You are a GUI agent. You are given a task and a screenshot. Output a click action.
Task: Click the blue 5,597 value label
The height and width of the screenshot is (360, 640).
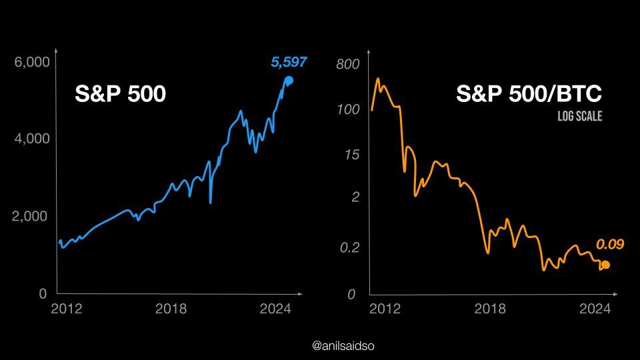[289, 63]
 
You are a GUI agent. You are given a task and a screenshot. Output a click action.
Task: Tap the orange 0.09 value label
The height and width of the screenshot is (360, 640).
[609, 245]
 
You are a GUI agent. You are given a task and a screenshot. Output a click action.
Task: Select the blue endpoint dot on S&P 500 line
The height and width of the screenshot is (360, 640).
[289, 81]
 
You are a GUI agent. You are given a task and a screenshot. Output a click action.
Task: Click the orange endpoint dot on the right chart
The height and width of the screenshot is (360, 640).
[605, 265]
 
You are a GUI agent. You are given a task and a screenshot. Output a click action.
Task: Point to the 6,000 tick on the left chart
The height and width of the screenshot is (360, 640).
[31, 62]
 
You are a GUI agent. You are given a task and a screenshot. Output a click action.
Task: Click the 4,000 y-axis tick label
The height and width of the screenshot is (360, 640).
[31, 139]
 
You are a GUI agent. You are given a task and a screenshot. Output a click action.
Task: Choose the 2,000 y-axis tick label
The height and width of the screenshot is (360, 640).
[31, 217]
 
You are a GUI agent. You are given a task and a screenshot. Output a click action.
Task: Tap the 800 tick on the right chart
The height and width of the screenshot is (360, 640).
[347, 65]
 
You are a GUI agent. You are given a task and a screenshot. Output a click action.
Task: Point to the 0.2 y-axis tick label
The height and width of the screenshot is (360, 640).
[347, 247]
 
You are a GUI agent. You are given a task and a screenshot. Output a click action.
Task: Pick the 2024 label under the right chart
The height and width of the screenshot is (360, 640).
[595, 309]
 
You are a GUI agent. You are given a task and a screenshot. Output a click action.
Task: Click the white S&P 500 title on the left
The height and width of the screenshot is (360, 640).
[119, 95]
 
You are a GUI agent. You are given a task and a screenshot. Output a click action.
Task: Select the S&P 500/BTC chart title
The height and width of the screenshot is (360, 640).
[529, 95]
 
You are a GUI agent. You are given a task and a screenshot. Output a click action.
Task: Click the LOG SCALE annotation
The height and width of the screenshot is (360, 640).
[579, 116]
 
